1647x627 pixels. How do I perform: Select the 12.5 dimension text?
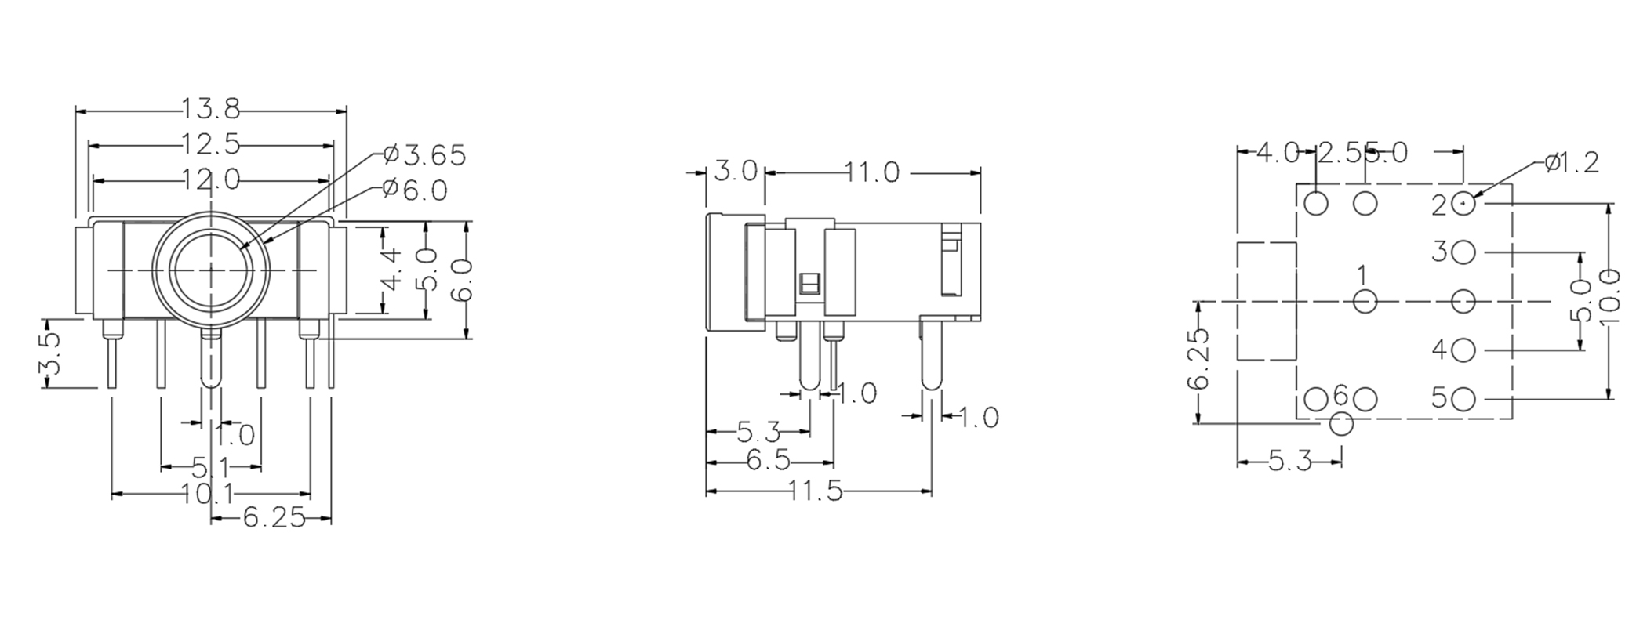click(x=211, y=144)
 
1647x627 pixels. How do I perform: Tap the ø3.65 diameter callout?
click(x=426, y=155)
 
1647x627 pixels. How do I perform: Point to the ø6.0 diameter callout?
click(x=416, y=190)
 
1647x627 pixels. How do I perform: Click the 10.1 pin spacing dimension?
click(x=208, y=494)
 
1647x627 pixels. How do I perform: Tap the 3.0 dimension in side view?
click(x=736, y=171)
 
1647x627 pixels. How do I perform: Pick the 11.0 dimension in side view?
click(x=872, y=172)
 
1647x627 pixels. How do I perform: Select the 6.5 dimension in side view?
click(x=769, y=461)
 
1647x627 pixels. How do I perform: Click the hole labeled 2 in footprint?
click(x=1463, y=204)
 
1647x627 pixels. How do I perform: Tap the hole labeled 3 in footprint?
click(x=1463, y=252)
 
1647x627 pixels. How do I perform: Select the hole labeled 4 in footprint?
click(x=1463, y=350)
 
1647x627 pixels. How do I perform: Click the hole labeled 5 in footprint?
click(x=1463, y=399)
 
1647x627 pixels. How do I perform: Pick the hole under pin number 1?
click(x=1365, y=301)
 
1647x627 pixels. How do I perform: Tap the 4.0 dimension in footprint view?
click(x=1277, y=153)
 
